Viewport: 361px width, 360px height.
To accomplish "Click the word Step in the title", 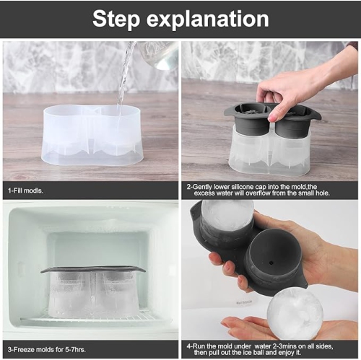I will pyautogui.click(x=121, y=19).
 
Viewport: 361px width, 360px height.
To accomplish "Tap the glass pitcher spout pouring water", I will pyautogui.click(x=149, y=53).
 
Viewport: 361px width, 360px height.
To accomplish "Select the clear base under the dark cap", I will pyautogui.click(x=269, y=154).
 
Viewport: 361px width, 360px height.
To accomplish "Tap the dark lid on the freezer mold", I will pyautogui.click(x=92, y=270).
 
